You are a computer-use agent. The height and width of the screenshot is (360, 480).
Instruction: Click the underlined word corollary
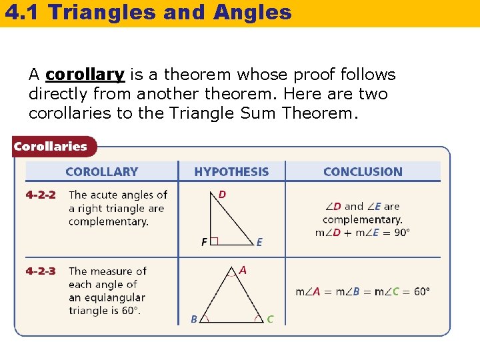[85, 75]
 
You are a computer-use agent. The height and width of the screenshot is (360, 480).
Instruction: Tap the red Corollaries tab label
[51, 147]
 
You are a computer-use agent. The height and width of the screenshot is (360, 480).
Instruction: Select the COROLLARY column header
[101, 172]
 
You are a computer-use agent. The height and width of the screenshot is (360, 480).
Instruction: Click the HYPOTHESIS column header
[231, 172]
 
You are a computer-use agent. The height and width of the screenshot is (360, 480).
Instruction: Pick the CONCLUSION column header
[363, 172]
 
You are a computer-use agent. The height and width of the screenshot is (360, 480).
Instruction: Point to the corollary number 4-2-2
[41, 195]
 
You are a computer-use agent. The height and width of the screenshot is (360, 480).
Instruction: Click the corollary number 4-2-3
[41, 271]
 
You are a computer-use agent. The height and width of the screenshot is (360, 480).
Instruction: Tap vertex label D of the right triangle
[222, 195]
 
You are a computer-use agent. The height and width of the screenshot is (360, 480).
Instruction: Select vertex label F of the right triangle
[204, 243]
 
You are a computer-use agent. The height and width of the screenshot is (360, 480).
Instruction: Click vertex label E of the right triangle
[259, 243]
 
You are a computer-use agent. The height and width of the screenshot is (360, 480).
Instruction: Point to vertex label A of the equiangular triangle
[243, 270]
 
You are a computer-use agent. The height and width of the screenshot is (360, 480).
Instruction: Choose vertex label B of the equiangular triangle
[194, 319]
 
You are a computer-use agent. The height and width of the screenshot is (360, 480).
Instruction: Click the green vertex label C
[270, 319]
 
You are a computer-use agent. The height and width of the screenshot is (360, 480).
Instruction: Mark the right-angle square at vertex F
[214, 242]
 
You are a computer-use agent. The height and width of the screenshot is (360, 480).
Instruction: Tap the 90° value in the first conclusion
[401, 233]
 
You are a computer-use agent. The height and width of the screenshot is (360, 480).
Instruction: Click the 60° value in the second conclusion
[421, 291]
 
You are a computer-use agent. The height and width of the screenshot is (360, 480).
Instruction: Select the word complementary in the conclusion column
[362, 219]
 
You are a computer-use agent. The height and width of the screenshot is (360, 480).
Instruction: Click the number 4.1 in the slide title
[20, 12]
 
